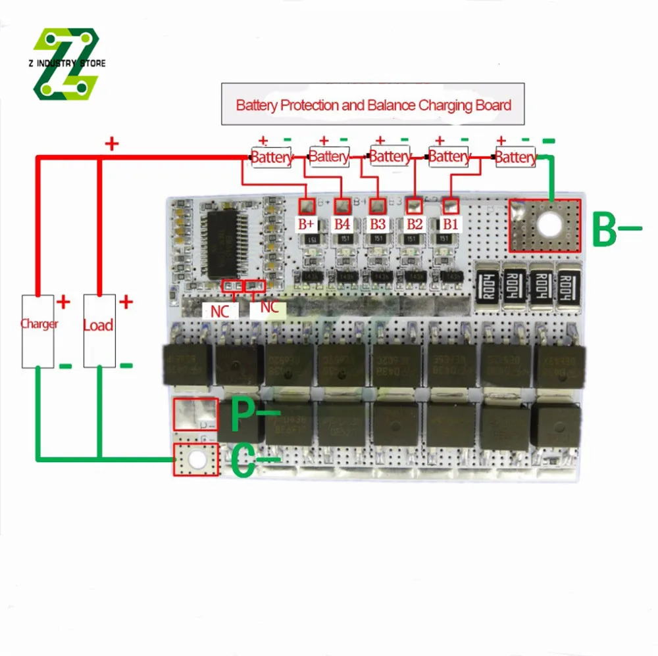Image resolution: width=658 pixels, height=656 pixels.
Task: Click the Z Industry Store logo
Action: pos(66,63)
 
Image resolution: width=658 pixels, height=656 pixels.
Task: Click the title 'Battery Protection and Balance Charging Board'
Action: pos(373,105)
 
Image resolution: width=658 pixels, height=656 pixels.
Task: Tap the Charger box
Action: pos(39,331)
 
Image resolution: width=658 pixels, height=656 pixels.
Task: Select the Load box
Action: pos(99,331)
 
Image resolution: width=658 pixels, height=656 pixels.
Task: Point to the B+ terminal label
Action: pos(307,223)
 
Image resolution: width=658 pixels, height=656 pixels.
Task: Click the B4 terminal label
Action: pos(342,223)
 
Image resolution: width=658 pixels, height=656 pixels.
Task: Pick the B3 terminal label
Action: pos(377,223)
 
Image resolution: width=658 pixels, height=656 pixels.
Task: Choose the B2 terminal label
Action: pos(413,223)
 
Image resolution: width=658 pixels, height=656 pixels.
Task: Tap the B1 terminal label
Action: pos(449,223)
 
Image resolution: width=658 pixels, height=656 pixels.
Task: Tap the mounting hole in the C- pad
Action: pos(195,459)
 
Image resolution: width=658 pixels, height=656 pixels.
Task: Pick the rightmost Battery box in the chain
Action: pos(515,157)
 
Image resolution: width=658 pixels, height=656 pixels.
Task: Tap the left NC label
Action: pos(219,310)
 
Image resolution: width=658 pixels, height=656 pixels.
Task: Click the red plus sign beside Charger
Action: pos(63,302)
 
